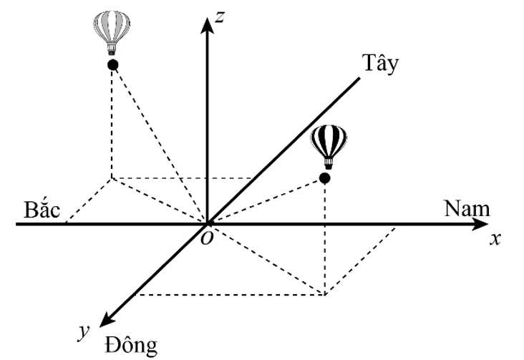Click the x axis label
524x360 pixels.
[x=494, y=239]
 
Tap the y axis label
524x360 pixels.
[x=84, y=330]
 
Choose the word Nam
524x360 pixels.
[x=467, y=208]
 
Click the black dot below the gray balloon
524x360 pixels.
[x=112, y=65]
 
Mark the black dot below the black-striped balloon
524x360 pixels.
[x=324, y=177]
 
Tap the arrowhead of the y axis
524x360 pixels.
[x=107, y=320]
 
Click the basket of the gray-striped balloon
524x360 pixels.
[x=112, y=49]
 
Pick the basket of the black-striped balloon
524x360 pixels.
[x=327, y=162]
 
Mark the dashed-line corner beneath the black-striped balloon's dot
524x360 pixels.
[x=325, y=294]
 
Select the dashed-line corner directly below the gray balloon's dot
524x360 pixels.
[x=112, y=177]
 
